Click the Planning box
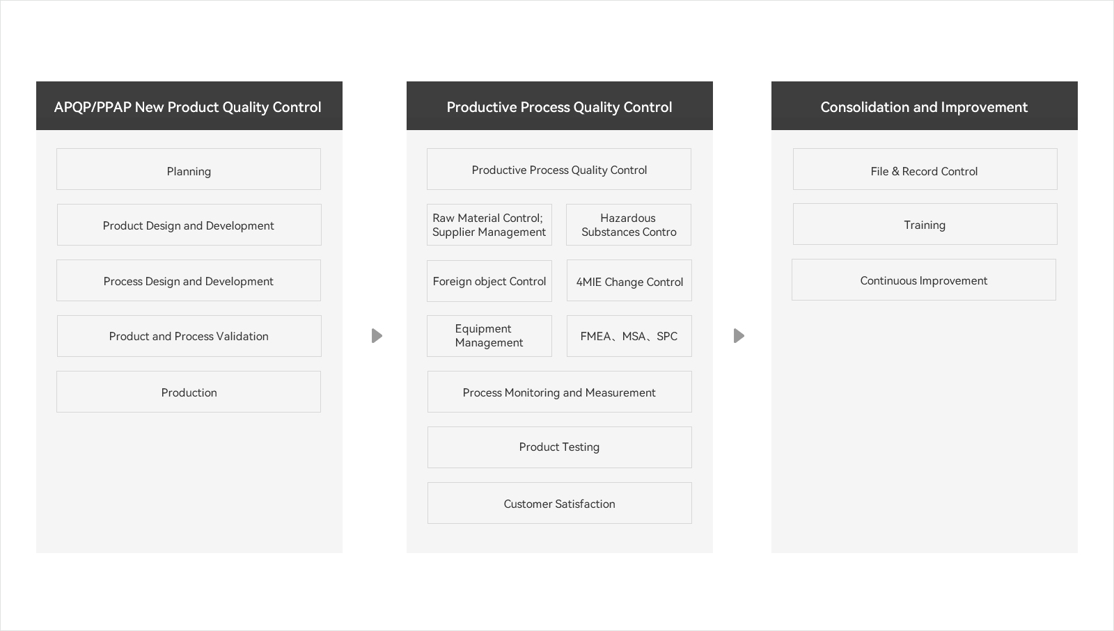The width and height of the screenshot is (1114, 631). [x=189, y=169]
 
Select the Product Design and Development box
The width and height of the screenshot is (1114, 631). [x=189, y=225]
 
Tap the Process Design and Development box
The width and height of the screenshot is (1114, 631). [x=189, y=280]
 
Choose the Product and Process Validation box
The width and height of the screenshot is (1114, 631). [x=189, y=336]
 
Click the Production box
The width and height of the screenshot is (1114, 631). [x=189, y=392]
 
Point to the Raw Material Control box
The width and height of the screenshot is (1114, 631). [x=489, y=225]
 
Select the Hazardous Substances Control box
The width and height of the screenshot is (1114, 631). [x=629, y=225]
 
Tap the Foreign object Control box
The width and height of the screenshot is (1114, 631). [x=489, y=281]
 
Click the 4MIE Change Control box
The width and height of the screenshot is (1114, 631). [x=629, y=280]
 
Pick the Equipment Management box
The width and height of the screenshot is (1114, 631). [x=489, y=336]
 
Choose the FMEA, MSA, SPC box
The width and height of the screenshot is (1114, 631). [x=629, y=336]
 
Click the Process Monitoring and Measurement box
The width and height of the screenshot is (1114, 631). [x=560, y=392]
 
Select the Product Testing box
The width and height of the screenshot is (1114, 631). [x=560, y=447]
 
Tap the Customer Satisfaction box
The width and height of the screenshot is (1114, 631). [x=560, y=503]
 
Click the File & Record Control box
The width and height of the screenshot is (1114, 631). [x=925, y=169]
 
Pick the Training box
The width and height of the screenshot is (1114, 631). [x=925, y=224]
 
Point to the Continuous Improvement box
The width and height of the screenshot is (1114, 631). [x=924, y=280]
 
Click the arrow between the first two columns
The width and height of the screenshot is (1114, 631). [x=377, y=336]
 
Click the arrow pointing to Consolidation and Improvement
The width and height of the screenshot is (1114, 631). [x=739, y=336]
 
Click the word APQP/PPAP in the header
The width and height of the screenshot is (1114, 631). [x=93, y=107]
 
